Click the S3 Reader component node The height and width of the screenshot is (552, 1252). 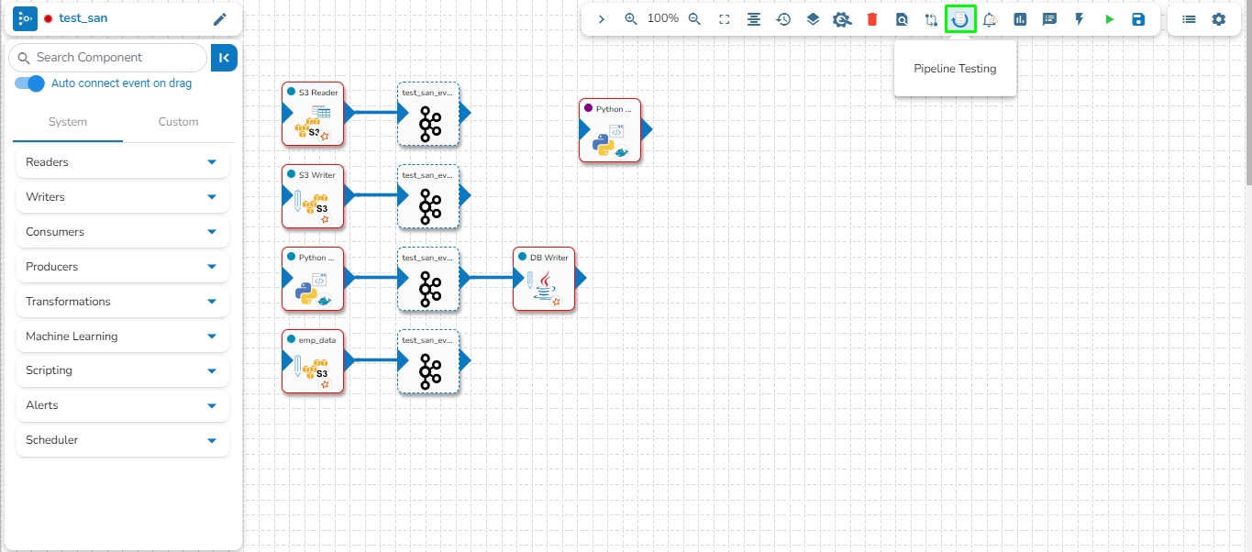coord(313,114)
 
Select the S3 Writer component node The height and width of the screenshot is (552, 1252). coord(313,196)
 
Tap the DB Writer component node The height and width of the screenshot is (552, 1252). coord(544,279)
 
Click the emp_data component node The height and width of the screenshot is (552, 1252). coord(313,361)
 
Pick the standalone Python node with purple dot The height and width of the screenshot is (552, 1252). coord(610,130)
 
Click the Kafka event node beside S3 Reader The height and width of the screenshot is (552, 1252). coord(428,114)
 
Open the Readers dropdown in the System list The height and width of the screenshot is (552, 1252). coord(123,162)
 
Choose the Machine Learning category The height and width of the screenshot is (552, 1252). coord(123,337)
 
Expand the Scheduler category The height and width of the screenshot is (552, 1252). coord(123,440)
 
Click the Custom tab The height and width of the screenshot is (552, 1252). coord(178,122)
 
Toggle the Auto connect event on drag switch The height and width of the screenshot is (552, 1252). coord(30,83)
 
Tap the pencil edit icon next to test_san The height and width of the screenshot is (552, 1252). coord(220,19)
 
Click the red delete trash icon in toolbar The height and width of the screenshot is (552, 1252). coord(872,19)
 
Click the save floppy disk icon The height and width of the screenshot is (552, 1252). coord(1138,19)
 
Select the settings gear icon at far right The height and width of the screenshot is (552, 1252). coord(1218,19)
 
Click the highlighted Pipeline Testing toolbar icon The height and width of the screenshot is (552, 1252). coord(960,19)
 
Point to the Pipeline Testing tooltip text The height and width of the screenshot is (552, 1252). coord(955,69)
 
